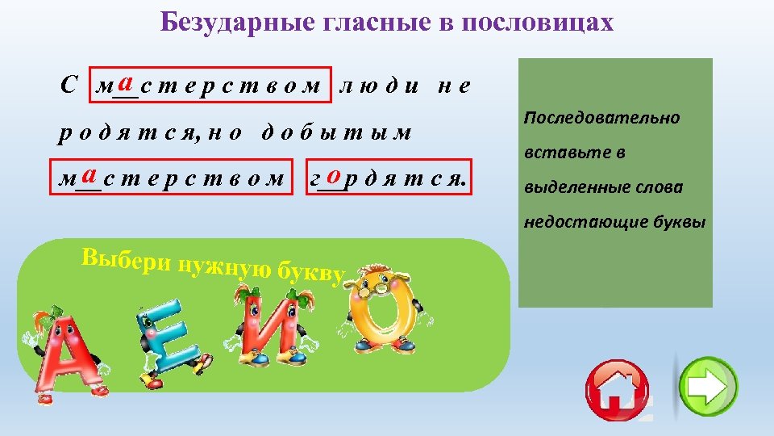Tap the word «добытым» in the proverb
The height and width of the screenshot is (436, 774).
tap(337, 132)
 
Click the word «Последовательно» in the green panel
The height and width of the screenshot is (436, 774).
tap(601, 118)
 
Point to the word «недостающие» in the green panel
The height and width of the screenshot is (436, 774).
tap(572, 222)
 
